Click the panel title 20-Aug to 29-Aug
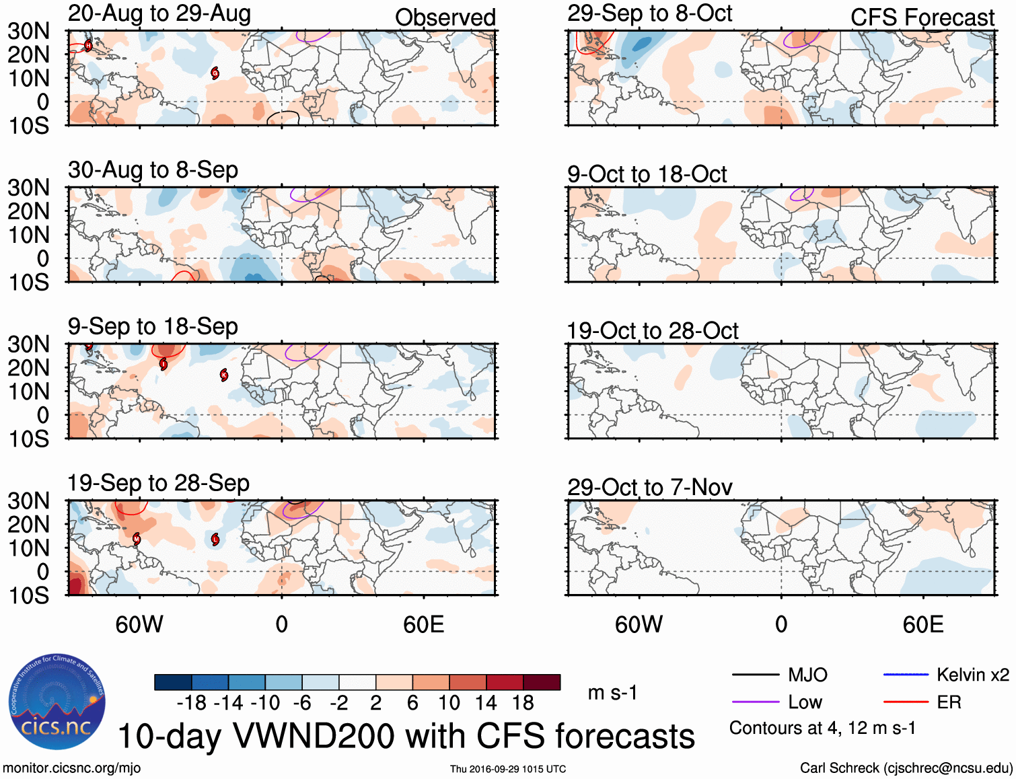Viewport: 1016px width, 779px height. pyautogui.click(x=159, y=13)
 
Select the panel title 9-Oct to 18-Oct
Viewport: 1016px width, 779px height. pyautogui.click(x=647, y=174)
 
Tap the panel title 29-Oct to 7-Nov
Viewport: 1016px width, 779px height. pyautogui.click(x=649, y=487)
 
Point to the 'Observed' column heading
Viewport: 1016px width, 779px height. pyautogui.click(x=445, y=17)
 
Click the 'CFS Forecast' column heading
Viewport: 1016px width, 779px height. pyautogui.click(x=922, y=17)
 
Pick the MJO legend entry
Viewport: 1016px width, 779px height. pyautogui.click(x=780, y=675)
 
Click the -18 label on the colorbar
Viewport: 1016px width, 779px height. pyautogui.click(x=191, y=703)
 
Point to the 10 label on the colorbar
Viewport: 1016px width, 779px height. pyautogui.click(x=449, y=703)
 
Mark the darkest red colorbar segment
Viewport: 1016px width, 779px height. pyautogui.click(x=542, y=682)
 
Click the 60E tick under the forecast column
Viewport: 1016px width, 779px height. pyautogui.click(x=922, y=625)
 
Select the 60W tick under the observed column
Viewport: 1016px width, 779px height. pyautogui.click(x=139, y=625)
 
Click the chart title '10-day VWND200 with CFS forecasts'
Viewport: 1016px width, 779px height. pyautogui.click(x=406, y=736)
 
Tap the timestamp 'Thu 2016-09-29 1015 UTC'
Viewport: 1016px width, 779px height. pyautogui.click(x=508, y=769)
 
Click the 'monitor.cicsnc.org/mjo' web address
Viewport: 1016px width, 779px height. pyautogui.click(x=71, y=768)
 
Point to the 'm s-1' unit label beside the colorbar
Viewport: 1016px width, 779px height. pyautogui.click(x=612, y=692)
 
